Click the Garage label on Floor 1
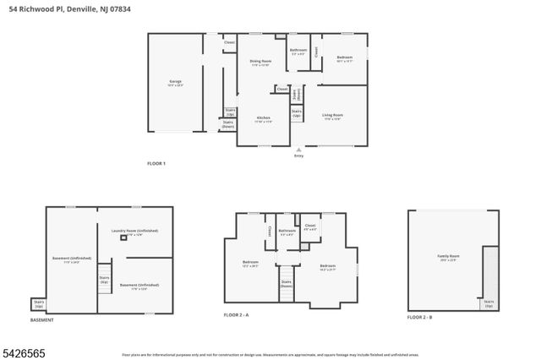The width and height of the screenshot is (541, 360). pos(175,83)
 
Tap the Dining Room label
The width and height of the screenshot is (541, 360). pos(260,63)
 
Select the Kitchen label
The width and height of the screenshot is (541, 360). pos(263,120)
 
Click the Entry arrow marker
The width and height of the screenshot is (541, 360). pos(298,150)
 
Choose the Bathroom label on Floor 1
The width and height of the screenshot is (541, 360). pos(298,52)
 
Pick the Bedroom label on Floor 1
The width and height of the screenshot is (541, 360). pos(345,60)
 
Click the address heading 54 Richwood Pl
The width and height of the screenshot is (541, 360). pos(76,8)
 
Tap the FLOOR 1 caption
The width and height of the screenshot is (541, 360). pos(156,163)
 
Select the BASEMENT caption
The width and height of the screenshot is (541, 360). pos(42,320)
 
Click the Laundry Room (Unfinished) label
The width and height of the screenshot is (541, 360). pos(135,232)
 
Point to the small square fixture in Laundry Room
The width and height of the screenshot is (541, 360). pos(123,239)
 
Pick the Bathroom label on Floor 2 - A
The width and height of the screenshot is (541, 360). pos(287,232)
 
